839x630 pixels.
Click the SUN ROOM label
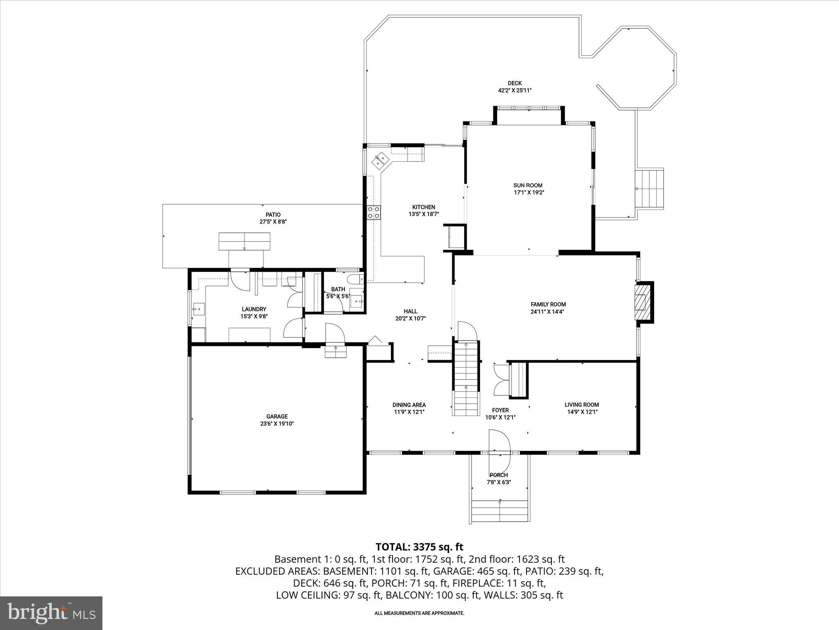pyautogui.click(x=528, y=185)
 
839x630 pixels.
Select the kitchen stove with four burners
pyautogui.click(x=373, y=212)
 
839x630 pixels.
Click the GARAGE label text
pyautogui.click(x=277, y=416)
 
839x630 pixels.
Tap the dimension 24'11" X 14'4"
pyautogui.click(x=548, y=311)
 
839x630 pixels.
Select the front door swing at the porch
pyautogui.click(x=499, y=449)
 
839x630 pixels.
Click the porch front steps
pyautogui.click(x=499, y=511)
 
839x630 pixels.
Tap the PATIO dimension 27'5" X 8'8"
pyautogui.click(x=273, y=221)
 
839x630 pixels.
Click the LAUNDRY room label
pyautogui.click(x=254, y=309)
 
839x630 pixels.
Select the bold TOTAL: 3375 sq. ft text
pyautogui.click(x=419, y=546)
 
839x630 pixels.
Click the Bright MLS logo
pyautogui.click(x=51, y=613)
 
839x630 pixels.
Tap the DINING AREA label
pyautogui.click(x=409, y=405)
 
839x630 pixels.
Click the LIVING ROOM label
pyautogui.click(x=581, y=405)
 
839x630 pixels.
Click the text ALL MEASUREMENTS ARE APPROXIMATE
pyautogui.click(x=419, y=613)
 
